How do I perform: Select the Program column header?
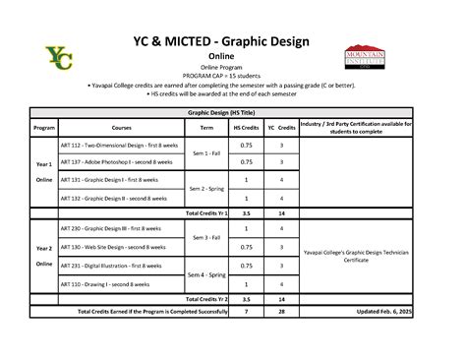(44, 129)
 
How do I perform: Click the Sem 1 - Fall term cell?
(206, 154)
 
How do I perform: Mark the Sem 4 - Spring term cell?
(206, 273)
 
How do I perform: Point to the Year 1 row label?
(44, 164)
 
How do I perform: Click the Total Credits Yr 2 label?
(206, 298)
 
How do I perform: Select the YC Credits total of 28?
(282, 312)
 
